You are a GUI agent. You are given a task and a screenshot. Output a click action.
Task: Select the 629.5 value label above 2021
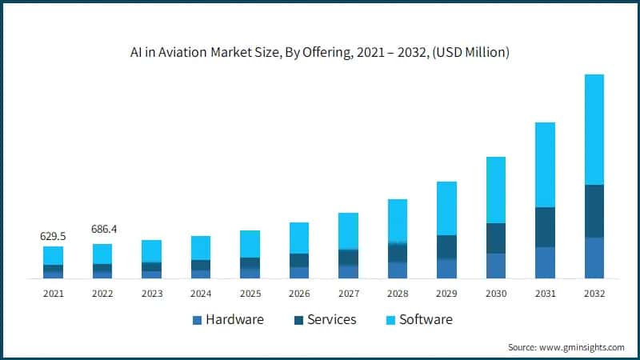click(54, 237)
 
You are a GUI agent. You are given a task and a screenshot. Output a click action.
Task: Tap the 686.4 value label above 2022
click(102, 229)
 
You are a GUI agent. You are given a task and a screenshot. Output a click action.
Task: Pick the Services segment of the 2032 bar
click(594, 211)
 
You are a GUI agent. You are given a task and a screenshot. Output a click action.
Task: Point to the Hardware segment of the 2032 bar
click(594, 258)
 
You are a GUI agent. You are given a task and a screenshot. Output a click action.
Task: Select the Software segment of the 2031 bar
click(545, 165)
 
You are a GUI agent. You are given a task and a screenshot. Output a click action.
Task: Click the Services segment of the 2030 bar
click(495, 238)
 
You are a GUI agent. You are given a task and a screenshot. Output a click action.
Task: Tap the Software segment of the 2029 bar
click(446, 208)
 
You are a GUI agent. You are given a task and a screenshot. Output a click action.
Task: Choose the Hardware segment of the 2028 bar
click(398, 270)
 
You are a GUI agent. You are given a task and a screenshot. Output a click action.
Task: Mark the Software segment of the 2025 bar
click(250, 244)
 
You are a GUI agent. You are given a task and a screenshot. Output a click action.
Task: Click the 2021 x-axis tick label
click(54, 294)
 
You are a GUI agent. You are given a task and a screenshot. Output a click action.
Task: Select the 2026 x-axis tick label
click(299, 294)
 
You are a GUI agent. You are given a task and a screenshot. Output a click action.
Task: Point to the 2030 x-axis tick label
click(495, 294)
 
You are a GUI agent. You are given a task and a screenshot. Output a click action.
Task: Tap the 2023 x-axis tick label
click(152, 294)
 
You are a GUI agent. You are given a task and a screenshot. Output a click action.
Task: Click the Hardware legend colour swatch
click(197, 321)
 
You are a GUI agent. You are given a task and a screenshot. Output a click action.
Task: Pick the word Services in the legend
click(330, 320)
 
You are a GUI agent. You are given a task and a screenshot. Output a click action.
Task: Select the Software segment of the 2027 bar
click(348, 230)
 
